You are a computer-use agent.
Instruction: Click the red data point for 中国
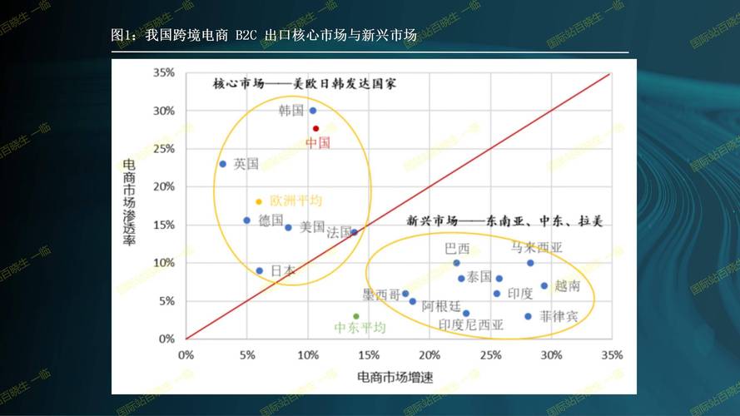(316, 128)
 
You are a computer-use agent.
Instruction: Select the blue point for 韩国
(313, 111)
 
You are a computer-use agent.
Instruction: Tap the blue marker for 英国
(222, 164)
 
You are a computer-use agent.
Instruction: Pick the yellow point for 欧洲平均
(259, 201)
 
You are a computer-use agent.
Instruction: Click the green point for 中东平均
(356, 316)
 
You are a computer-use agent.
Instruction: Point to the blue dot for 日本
(260, 270)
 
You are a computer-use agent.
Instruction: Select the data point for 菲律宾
(528, 316)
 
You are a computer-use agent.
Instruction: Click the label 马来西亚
(537, 247)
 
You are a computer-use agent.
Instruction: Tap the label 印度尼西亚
(471, 325)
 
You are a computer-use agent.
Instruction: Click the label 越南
(567, 285)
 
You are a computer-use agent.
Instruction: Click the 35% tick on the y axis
(163, 73)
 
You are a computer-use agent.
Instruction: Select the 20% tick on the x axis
(430, 354)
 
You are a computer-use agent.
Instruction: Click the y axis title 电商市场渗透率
(130, 202)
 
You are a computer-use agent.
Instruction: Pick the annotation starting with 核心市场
(305, 84)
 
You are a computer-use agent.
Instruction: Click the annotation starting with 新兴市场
(504, 221)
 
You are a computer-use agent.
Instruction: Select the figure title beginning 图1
(263, 36)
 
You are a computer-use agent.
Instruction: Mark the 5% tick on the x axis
(247, 354)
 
